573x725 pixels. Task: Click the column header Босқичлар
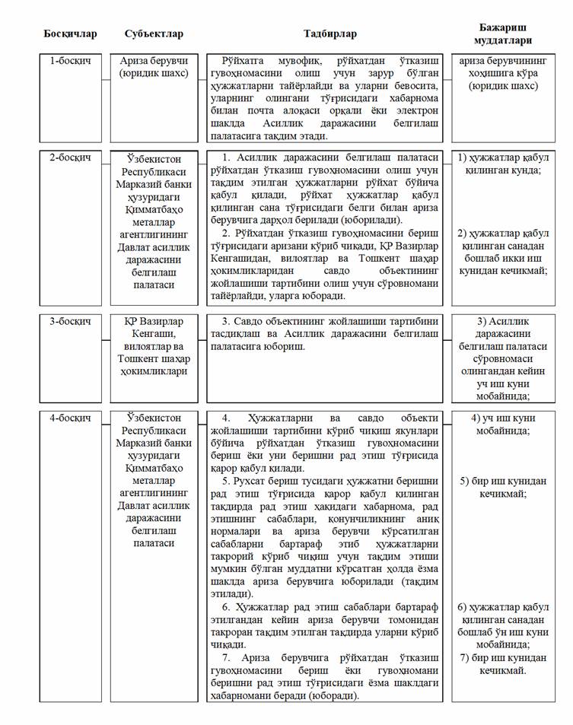(x=70, y=34)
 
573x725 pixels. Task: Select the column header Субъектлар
(x=154, y=34)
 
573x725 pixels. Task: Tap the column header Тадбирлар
(x=329, y=34)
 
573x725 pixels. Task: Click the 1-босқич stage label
(x=70, y=60)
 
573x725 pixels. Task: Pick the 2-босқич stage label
(x=70, y=157)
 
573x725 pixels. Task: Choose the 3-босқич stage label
(x=70, y=322)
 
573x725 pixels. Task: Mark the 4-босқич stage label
(x=70, y=418)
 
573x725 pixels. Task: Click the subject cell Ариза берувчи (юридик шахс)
(x=154, y=67)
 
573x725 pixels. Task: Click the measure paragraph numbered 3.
(x=329, y=328)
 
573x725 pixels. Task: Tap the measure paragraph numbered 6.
(x=329, y=626)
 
